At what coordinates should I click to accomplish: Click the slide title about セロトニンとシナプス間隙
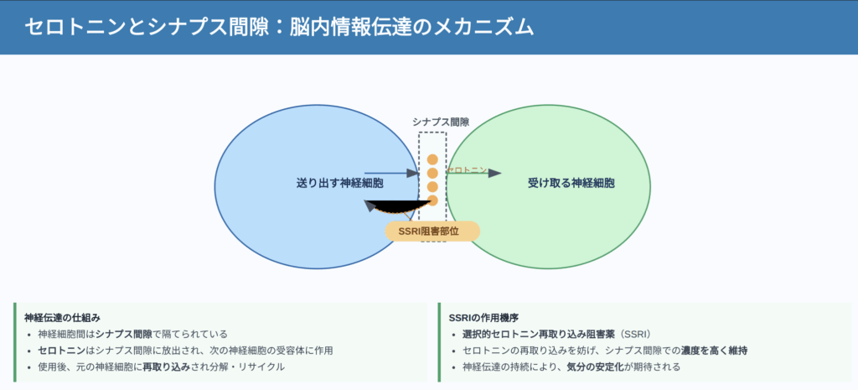[279, 28]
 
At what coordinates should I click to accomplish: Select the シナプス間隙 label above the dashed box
[441, 122]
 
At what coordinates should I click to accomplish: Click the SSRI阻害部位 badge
[432, 231]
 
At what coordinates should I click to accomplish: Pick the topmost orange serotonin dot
[432, 159]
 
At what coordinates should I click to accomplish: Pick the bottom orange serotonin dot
[432, 200]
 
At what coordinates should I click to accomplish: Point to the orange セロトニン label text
[467, 169]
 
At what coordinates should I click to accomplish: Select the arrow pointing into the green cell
[474, 173]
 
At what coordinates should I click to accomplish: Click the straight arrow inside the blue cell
[392, 173]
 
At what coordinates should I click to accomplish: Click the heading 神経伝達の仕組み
[62, 317]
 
